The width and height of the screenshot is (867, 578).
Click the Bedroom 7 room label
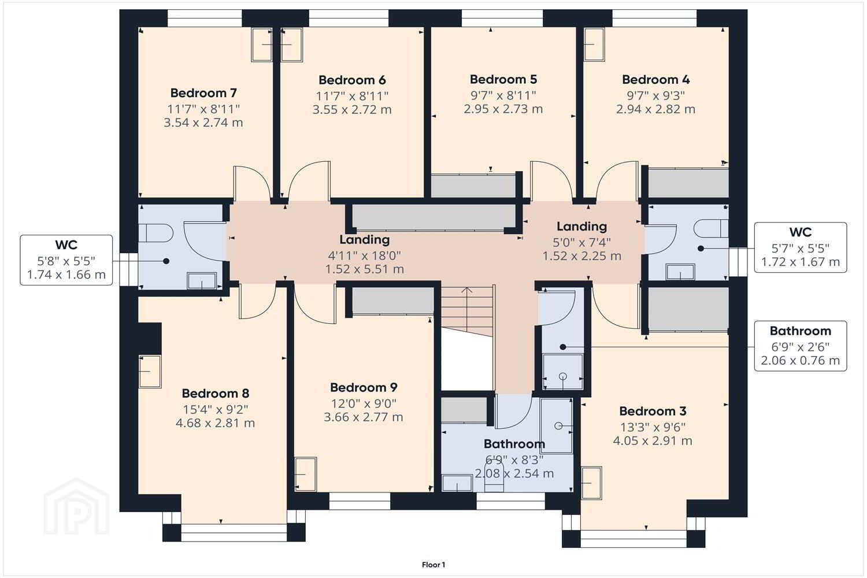pyautogui.click(x=203, y=93)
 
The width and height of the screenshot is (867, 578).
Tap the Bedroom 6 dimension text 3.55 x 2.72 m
pyautogui.click(x=352, y=110)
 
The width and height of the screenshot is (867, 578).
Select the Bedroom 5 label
pyautogui.click(x=503, y=79)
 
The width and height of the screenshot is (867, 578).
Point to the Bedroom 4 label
pyautogui.click(x=655, y=79)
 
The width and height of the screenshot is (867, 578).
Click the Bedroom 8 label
pyautogui.click(x=215, y=394)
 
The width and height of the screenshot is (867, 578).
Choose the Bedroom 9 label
pyautogui.click(x=364, y=387)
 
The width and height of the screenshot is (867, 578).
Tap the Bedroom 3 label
pyautogui.click(x=653, y=411)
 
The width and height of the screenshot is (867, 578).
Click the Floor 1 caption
pyautogui.click(x=433, y=565)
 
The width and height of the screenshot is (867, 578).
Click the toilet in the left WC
pyautogui.click(x=155, y=234)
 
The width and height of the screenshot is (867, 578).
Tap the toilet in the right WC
pyautogui.click(x=711, y=228)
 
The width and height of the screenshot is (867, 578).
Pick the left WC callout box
pyautogui.click(x=66, y=260)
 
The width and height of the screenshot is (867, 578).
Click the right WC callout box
pyautogui.click(x=801, y=247)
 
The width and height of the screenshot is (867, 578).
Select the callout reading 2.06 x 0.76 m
pyautogui.click(x=801, y=346)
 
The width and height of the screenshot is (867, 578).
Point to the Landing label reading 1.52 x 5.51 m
pyautogui.click(x=365, y=254)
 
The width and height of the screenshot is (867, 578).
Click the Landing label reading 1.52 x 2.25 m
pyautogui.click(x=581, y=241)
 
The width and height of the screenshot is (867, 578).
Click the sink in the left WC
pyautogui.click(x=202, y=281)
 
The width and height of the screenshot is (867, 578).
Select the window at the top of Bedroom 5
pyautogui.click(x=502, y=18)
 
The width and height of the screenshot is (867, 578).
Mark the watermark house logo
pyautogui.click(x=76, y=506)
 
